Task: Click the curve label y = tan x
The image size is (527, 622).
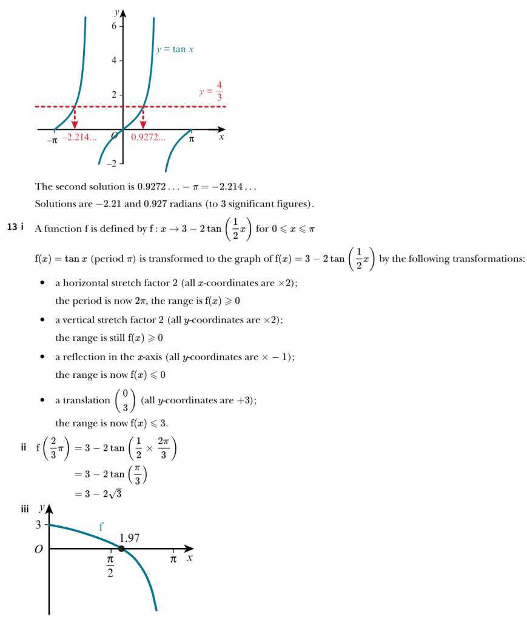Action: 175,49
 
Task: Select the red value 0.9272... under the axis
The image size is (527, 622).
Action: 148,138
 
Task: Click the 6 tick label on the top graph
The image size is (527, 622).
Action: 114,26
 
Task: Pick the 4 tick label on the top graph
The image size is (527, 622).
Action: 114,61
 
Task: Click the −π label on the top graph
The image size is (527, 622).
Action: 52,140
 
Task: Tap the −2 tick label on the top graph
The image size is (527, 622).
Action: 112,165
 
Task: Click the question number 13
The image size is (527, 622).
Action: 12,227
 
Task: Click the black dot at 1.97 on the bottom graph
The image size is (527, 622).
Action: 121,549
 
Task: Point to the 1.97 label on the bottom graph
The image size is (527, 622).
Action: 130,537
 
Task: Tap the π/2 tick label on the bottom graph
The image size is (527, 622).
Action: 110,566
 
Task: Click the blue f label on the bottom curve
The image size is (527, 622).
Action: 101,527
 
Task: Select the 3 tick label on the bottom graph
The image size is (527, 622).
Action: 37,524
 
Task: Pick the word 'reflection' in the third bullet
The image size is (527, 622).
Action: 86,357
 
